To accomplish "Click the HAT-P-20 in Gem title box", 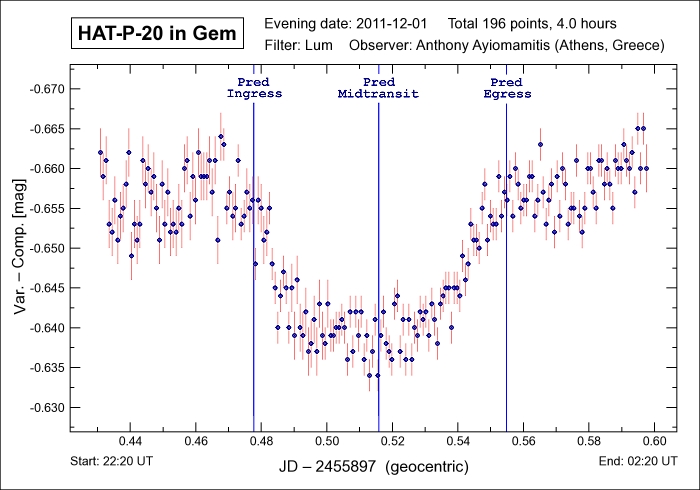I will click(x=157, y=34).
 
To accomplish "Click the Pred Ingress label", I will click(x=254, y=87).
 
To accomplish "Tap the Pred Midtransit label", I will click(x=378, y=87).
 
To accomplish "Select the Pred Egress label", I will click(x=506, y=87).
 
